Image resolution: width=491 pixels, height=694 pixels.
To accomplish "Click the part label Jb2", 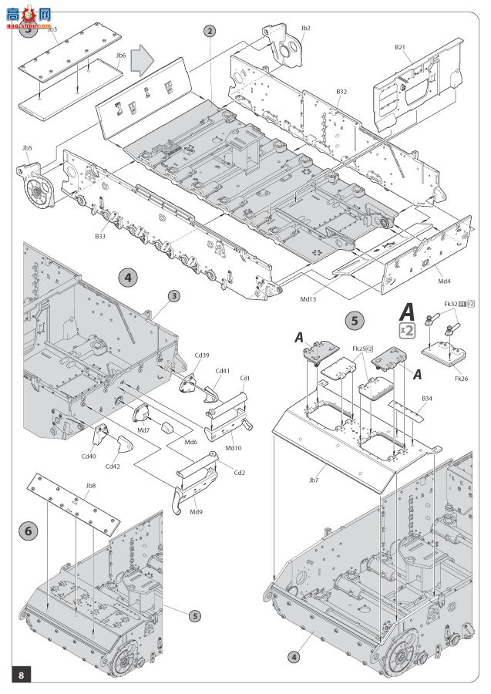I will (x=305, y=29).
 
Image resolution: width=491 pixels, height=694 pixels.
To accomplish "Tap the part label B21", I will (x=400, y=47).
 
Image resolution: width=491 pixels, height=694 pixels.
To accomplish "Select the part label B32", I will (x=341, y=91).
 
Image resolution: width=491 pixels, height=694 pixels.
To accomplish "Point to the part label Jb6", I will (x=121, y=55).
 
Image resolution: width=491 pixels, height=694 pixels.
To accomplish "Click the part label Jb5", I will (x=27, y=147).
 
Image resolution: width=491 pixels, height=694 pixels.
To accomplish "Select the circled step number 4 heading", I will (x=127, y=278).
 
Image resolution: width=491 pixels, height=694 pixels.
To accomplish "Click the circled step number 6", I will (x=29, y=531).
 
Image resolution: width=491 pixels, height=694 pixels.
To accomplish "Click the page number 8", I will (x=21, y=675).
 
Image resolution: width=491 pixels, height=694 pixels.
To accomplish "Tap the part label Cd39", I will (x=201, y=355).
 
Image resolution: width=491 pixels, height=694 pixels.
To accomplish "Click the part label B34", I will (x=427, y=398).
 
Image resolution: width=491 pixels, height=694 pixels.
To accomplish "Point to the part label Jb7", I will (x=313, y=480).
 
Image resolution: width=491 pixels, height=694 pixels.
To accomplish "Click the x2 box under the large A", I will (x=408, y=331).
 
